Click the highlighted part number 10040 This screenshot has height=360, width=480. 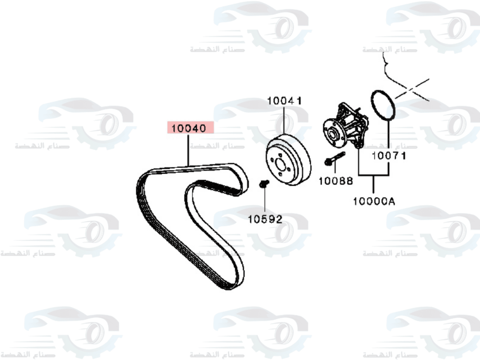tap(190, 128)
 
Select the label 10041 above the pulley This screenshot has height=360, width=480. tap(284, 101)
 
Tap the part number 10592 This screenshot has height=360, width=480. tap(265, 219)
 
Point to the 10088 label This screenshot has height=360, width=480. tap(336, 181)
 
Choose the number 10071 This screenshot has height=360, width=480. tap(389, 156)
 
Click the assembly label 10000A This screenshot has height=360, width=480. tap(374, 201)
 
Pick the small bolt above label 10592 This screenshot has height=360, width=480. tap(263, 184)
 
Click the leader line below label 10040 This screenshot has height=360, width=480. tap(190, 150)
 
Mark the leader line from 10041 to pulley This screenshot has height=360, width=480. tap(284, 120)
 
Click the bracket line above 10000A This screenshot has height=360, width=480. tap(374, 177)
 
